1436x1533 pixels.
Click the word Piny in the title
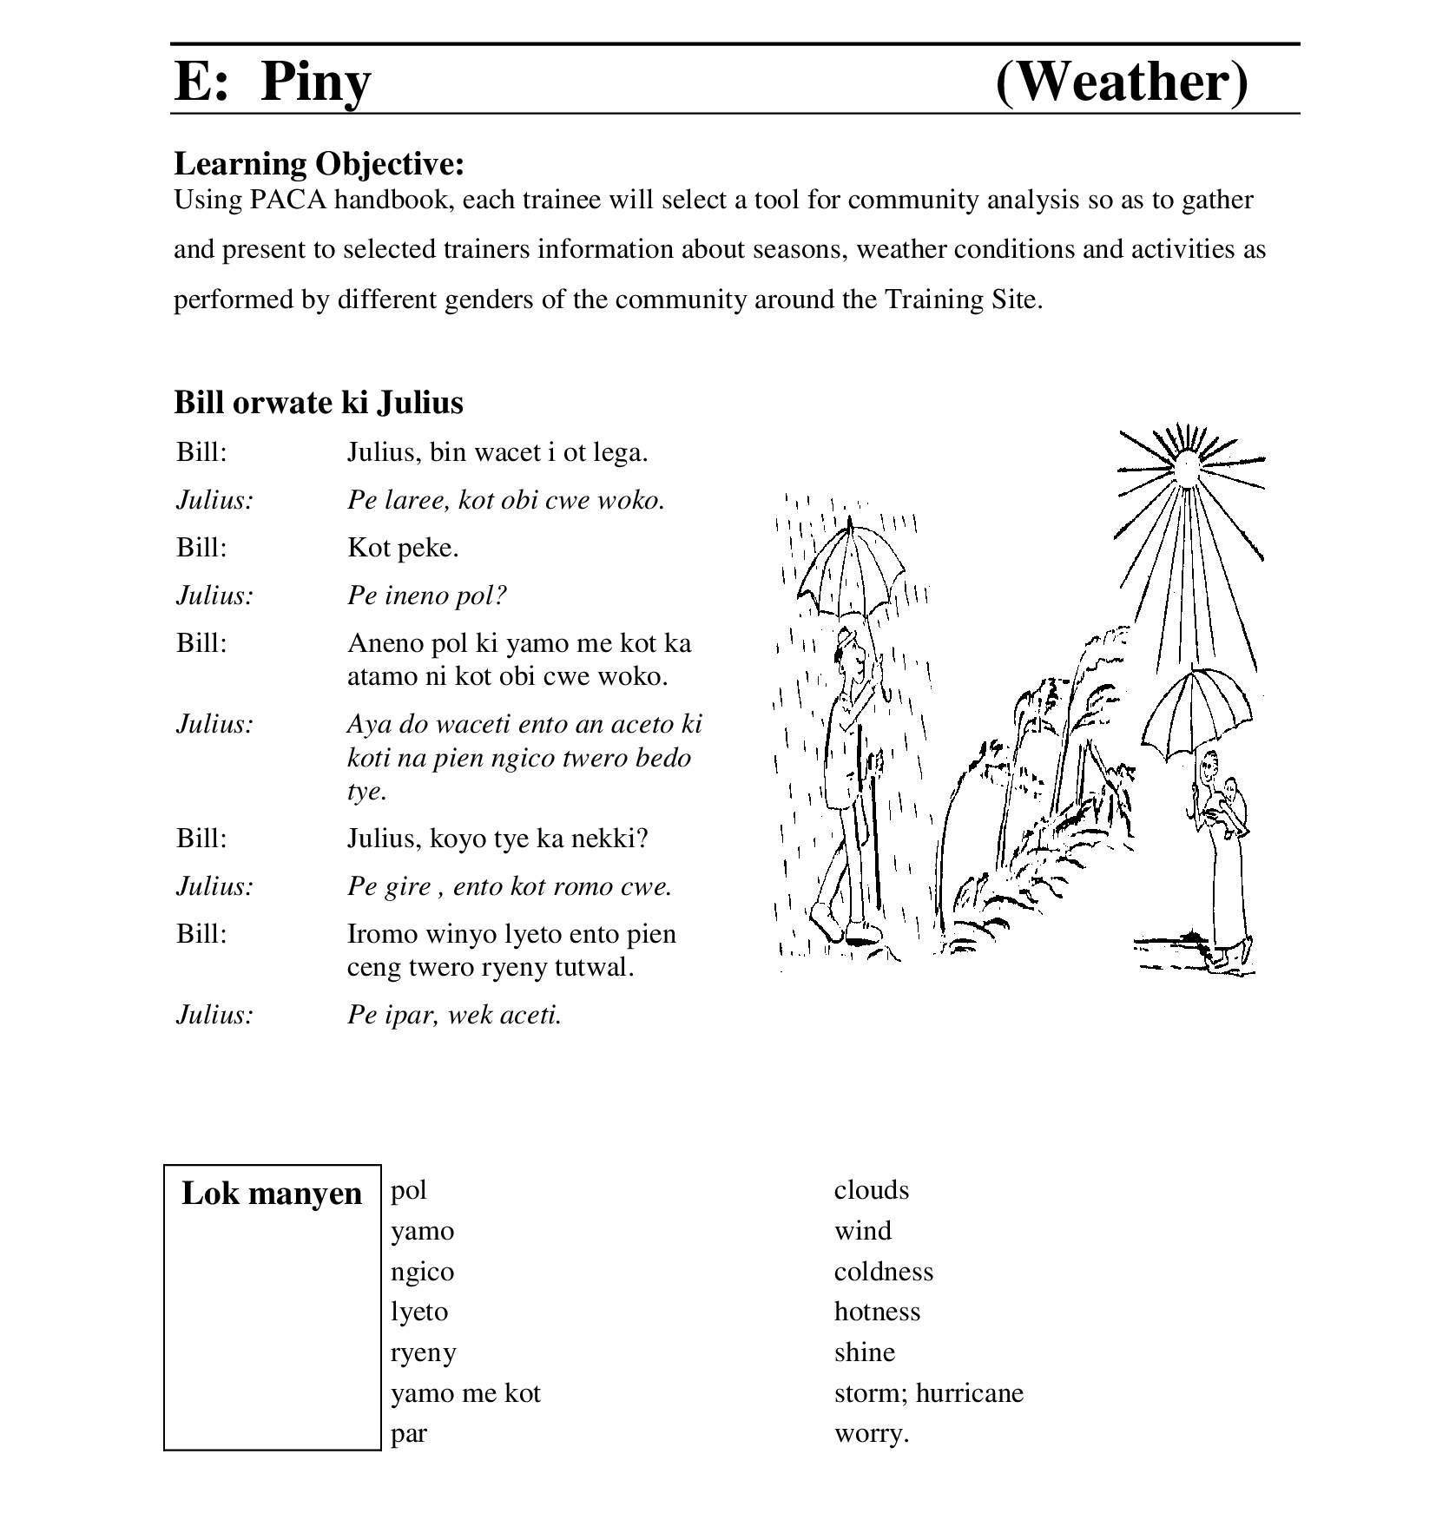[x=315, y=82]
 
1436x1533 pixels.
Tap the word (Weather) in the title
[x=1121, y=82]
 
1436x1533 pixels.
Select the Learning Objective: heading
[x=319, y=163]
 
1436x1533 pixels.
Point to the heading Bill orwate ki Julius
[x=319, y=402]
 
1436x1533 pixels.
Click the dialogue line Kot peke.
[x=403, y=548]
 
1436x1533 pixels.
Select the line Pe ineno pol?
[x=426, y=595]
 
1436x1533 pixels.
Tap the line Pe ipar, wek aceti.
[x=454, y=1014]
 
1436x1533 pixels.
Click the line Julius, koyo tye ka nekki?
[x=497, y=839]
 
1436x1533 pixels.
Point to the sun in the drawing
[x=1186, y=466]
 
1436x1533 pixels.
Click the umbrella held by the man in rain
[x=851, y=569]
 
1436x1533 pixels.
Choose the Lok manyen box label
[x=272, y=1194]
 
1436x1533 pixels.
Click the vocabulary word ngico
[x=422, y=1272]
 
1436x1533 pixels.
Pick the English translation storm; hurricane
[x=928, y=1393]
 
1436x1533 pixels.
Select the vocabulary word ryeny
[x=423, y=1352]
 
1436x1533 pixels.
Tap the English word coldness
[x=883, y=1272]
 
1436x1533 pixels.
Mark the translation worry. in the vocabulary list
[x=871, y=1433]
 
